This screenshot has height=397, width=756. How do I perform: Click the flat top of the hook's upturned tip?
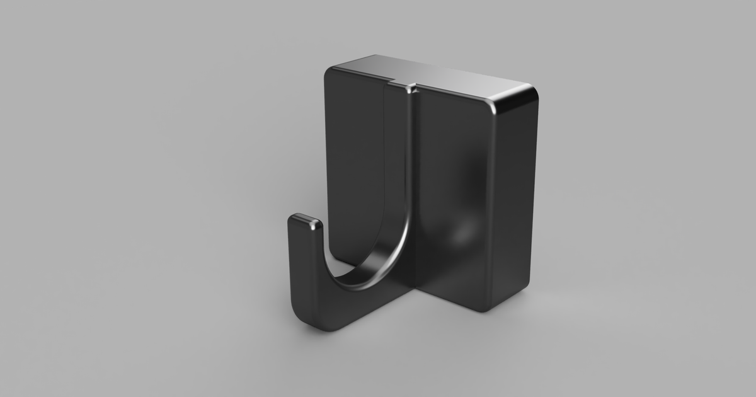(306, 221)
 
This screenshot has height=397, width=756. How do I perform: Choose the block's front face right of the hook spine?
(454, 158)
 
